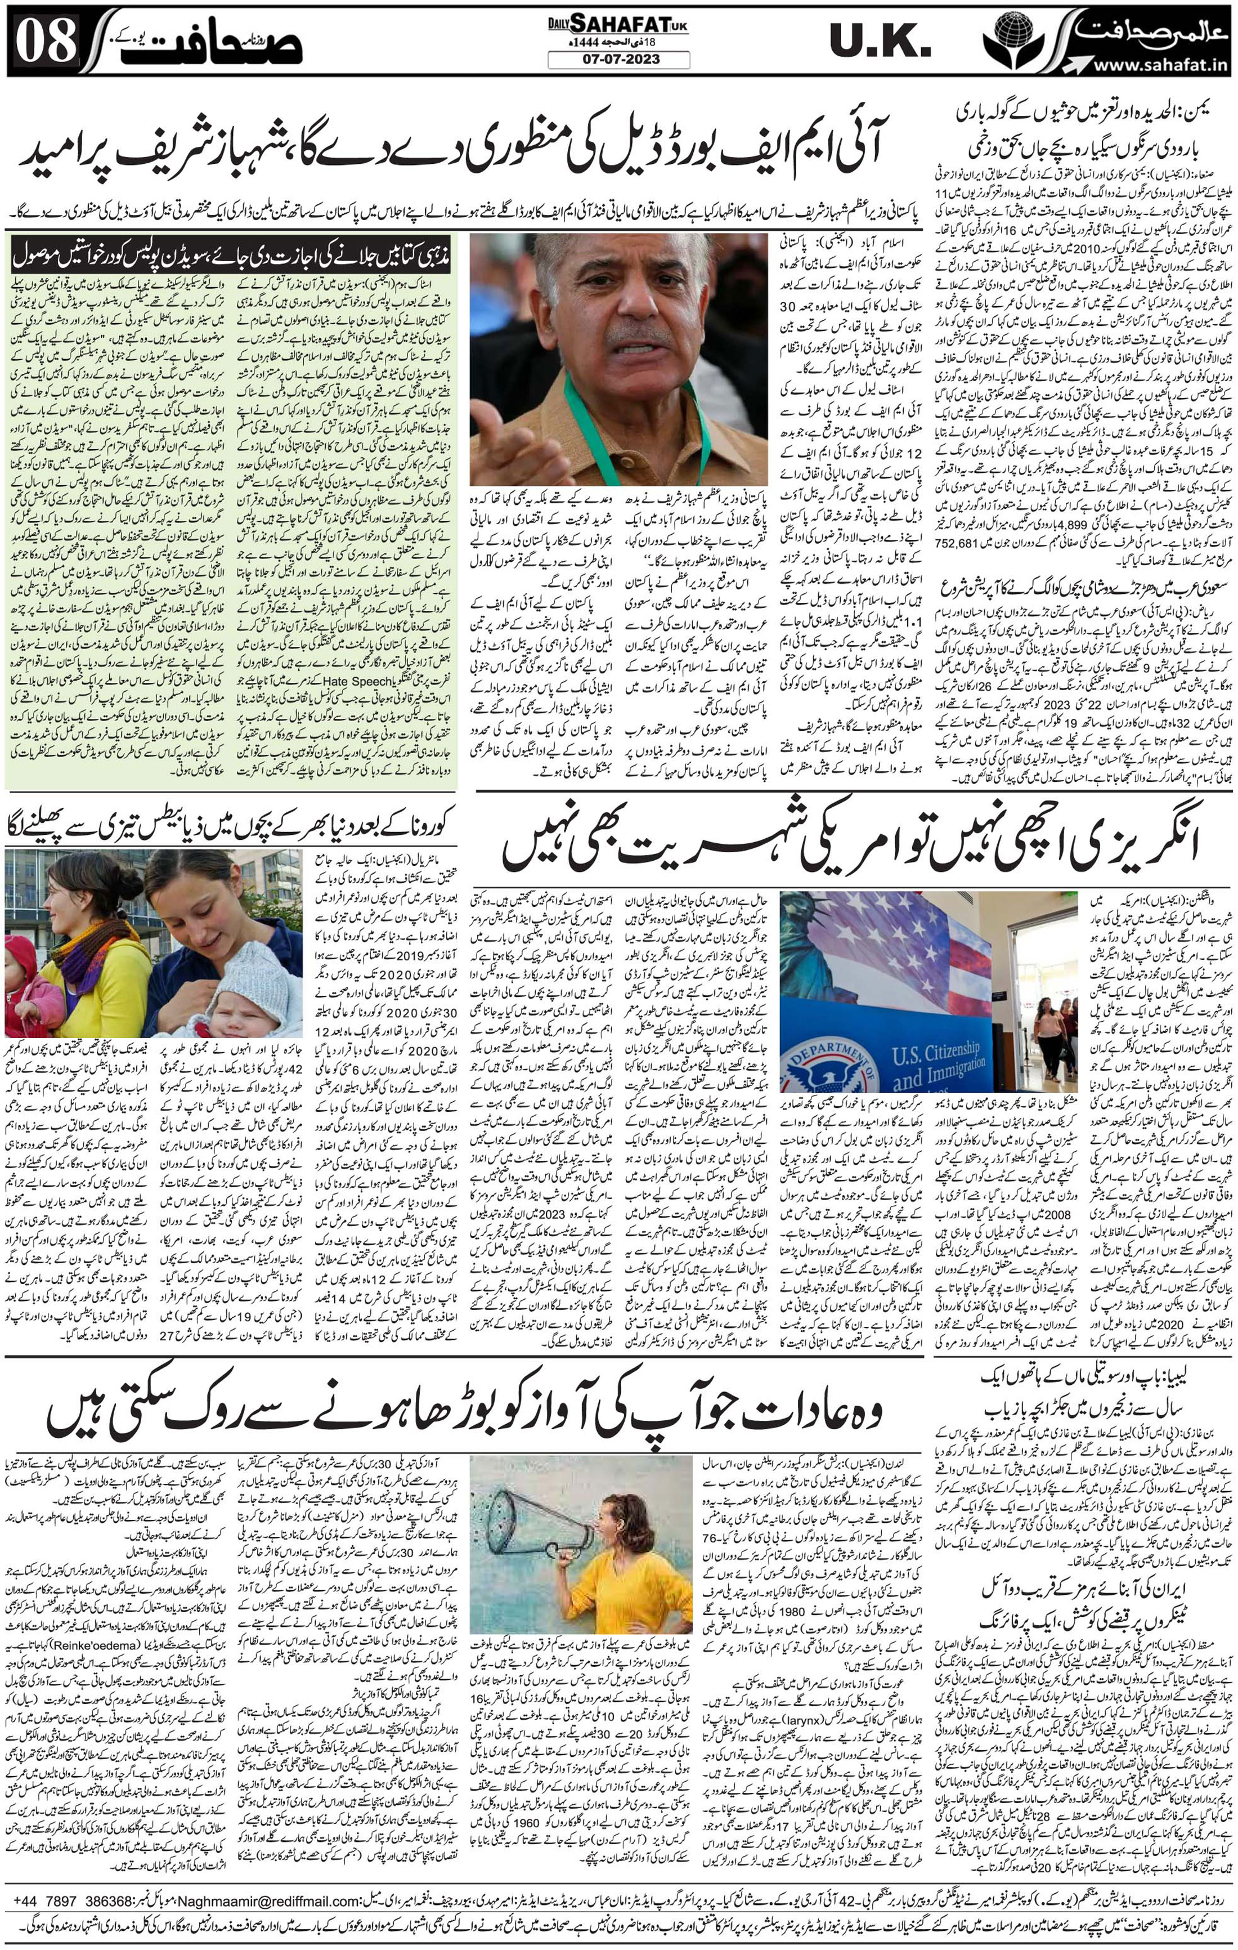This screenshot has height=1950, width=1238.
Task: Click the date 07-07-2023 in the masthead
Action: [x=618, y=59]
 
